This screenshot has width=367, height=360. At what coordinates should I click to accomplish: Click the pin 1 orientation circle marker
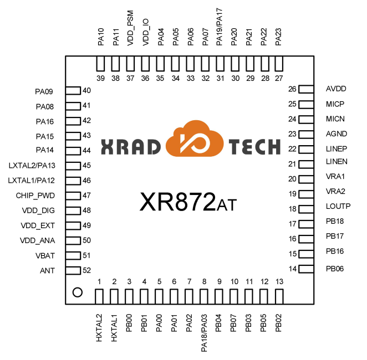click(x=78, y=292)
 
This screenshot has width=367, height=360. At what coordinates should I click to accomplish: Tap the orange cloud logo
click(x=195, y=138)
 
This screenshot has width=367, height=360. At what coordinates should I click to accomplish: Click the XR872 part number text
click(x=177, y=202)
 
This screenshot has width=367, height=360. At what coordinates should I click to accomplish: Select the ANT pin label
click(x=47, y=270)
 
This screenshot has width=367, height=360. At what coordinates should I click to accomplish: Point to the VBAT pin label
click(x=45, y=255)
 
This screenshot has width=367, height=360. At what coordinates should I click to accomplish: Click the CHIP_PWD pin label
click(x=35, y=196)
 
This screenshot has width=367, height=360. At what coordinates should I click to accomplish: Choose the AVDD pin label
click(x=336, y=89)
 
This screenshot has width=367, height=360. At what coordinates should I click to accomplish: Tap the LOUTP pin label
click(x=338, y=206)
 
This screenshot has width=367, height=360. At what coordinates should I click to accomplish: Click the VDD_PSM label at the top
click(x=130, y=28)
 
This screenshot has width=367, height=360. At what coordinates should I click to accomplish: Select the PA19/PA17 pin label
click(x=220, y=27)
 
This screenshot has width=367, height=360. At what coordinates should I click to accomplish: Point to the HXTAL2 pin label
click(x=99, y=327)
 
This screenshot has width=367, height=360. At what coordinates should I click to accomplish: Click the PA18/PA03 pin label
click(x=204, y=333)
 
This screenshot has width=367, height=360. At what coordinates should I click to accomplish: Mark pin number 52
click(x=86, y=270)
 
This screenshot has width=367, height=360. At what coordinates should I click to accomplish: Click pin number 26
click(x=292, y=89)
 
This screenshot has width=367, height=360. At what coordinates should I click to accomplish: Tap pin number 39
click(x=101, y=78)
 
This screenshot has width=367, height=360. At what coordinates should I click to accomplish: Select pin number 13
click(x=279, y=281)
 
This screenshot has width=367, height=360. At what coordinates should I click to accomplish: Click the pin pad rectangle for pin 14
click(x=306, y=269)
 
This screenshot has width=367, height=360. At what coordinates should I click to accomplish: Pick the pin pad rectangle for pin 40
click(x=73, y=90)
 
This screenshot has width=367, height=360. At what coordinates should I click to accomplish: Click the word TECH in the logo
click(x=254, y=147)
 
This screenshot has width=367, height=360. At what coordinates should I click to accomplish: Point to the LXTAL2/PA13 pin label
click(x=32, y=166)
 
